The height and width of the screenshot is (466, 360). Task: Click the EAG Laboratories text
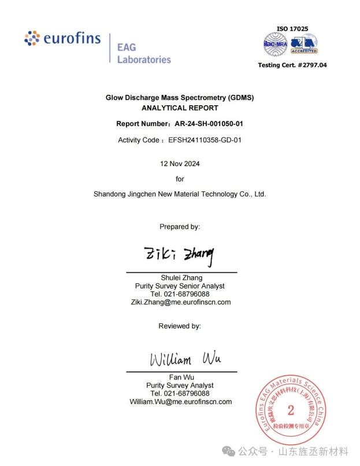point(144,53)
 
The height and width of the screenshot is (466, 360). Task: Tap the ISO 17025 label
point(292,28)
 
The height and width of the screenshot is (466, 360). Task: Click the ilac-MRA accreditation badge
point(276,43)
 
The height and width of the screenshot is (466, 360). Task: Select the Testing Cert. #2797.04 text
point(292,65)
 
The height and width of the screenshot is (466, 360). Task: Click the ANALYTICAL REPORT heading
point(180,108)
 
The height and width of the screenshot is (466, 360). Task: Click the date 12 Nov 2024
point(180,164)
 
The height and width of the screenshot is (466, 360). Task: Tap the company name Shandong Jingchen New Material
point(180,194)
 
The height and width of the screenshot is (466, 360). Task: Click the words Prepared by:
point(180,227)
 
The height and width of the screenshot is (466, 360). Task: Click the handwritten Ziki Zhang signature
point(179,253)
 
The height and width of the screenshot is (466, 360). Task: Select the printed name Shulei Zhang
point(181,278)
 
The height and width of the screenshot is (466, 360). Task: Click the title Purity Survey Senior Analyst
point(180,286)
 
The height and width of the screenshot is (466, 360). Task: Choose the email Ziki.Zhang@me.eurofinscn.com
point(180,302)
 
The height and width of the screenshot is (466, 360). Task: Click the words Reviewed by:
point(180,326)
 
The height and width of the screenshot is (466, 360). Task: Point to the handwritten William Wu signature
point(185,359)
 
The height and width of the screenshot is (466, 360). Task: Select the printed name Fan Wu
point(181,377)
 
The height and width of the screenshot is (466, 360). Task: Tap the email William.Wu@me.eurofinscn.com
point(180,401)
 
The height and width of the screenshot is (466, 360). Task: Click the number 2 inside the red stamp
point(291,411)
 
